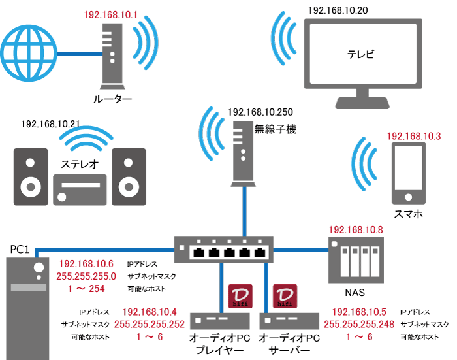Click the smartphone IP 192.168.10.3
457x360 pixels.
[415, 136]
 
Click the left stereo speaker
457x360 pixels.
[31, 177]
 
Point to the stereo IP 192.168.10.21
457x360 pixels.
[50, 123]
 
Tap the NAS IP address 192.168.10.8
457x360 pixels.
[355, 229]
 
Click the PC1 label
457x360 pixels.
[20, 249]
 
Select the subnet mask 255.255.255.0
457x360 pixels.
[87, 276]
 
